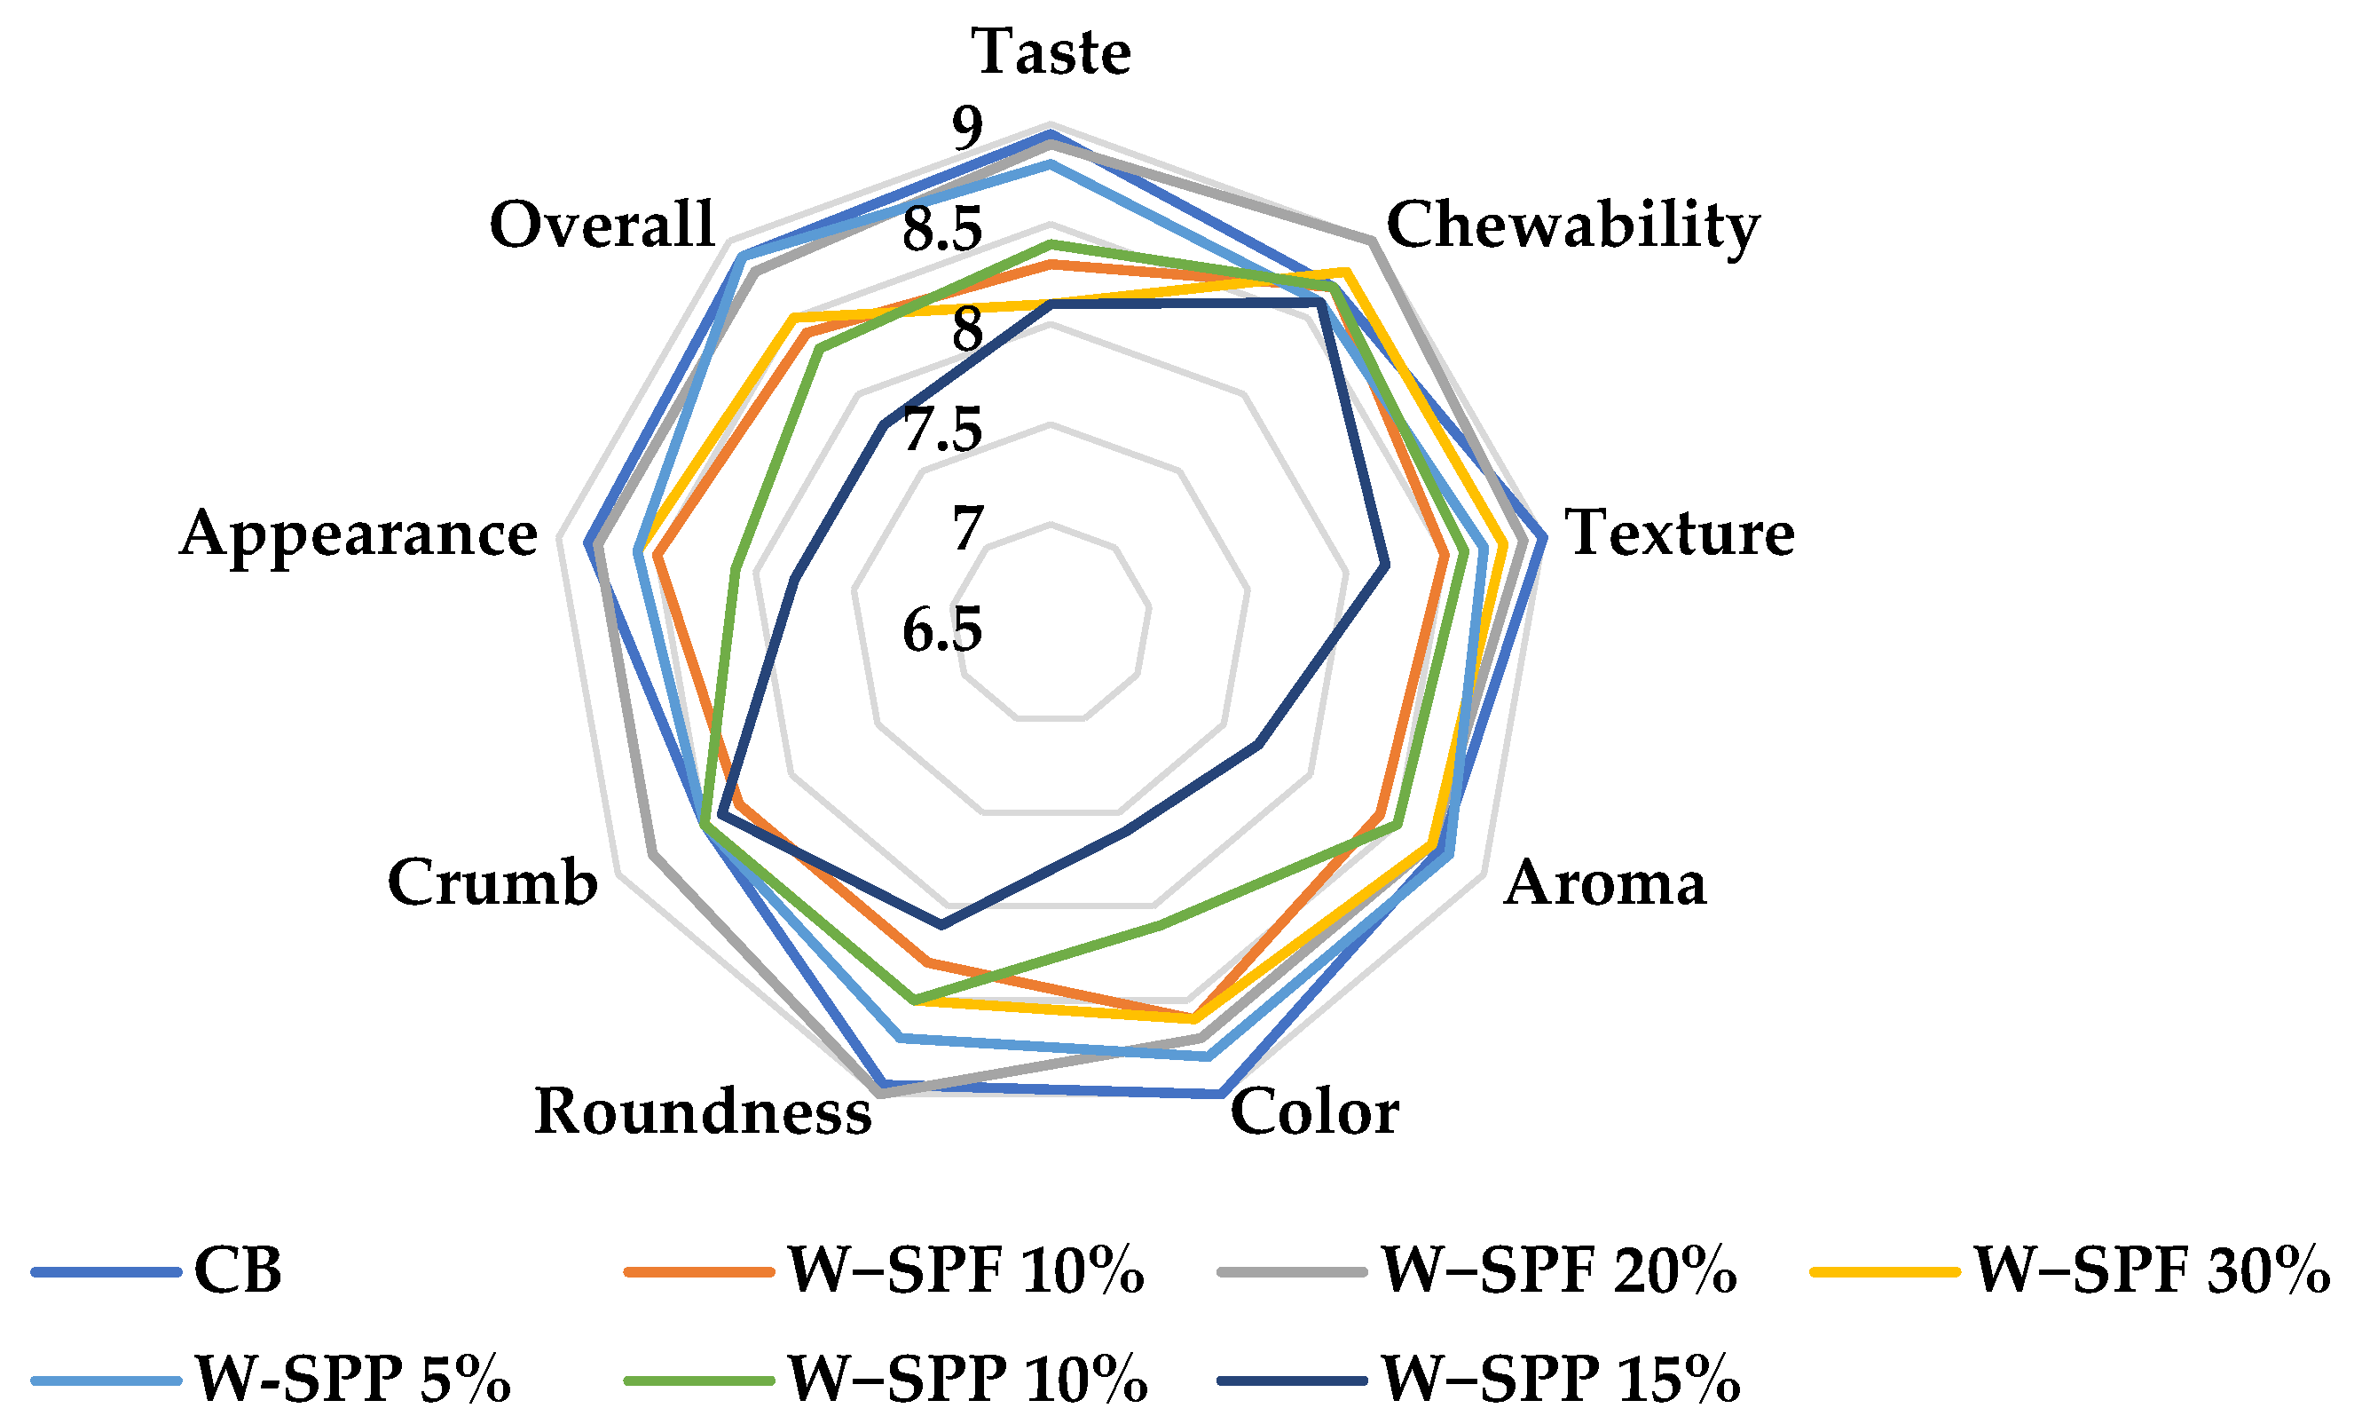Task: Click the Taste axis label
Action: (x=1051, y=51)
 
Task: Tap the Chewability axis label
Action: (x=1572, y=226)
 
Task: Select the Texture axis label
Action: (x=1680, y=534)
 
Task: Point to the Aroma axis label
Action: (x=1605, y=883)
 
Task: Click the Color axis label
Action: (x=1314, y=1112)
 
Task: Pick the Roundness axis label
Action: (x=703, y=1112)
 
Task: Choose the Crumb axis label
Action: (x=492, y=883)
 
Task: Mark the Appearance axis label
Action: (x=358, y=535)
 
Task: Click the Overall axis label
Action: (x=602, y=226)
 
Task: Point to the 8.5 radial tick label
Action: (x=942, y=230)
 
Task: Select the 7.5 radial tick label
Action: (x=942, y=430)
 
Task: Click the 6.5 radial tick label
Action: (x=942, y=631)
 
